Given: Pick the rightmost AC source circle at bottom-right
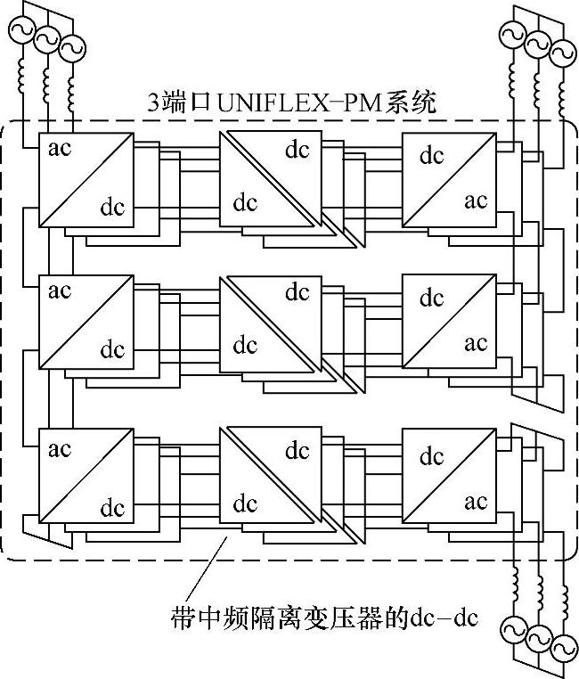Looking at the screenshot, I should (562, 648).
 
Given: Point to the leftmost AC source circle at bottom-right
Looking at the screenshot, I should (512, 630).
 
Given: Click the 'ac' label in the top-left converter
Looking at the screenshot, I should (60, 148).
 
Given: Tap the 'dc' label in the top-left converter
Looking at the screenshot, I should (112, 209).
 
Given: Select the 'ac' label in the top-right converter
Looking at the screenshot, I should (476, 200).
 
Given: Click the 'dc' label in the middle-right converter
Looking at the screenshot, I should (432, 297).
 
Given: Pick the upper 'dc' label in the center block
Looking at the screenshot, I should (298, 290).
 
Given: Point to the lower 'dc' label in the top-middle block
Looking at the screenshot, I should (245, 202).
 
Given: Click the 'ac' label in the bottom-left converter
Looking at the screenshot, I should (60, 448).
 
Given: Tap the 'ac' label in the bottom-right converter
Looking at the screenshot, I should (476, 502).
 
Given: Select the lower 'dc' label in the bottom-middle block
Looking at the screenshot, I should (245, 503).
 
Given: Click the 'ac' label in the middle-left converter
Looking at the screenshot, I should (60, 290).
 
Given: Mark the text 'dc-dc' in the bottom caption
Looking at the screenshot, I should (444, 618).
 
